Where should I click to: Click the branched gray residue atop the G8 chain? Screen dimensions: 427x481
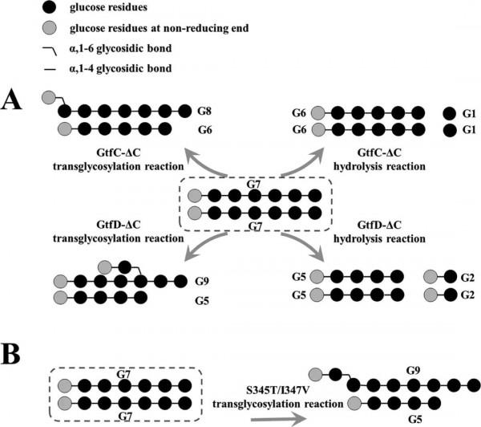coord(48,97)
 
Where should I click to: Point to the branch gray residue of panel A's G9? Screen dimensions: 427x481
coord(105,266)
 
